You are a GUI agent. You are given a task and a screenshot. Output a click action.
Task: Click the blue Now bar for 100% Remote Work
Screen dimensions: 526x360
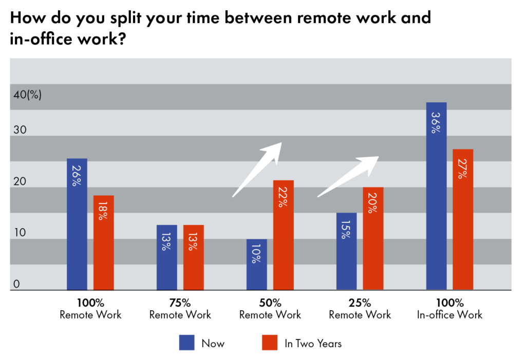pos(77,224)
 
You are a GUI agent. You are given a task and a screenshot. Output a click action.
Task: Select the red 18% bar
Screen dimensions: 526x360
pos(103,242)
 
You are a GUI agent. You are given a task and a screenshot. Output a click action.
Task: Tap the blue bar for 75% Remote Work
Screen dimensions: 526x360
pos(167,257)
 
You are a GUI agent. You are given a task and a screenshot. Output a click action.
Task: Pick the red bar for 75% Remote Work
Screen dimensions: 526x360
pos(193,257)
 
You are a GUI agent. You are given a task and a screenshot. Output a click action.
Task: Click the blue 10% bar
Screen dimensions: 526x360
pos(257,264)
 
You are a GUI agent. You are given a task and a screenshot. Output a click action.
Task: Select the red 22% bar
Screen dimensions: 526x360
pos(283,235)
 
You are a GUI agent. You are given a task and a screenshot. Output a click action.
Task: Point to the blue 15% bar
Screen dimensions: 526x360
pos(347,251)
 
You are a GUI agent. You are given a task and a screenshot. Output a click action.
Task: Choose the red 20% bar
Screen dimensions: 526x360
pos(373,239)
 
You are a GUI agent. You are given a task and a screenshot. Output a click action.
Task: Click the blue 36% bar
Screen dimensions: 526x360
pos(437,196)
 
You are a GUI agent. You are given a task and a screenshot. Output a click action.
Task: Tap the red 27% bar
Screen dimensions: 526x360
pos(463,219)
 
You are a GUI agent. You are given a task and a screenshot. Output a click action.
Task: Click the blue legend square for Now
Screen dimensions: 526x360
pos(186,343)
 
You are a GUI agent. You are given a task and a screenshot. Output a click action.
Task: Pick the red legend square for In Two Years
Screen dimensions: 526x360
pos(270,343)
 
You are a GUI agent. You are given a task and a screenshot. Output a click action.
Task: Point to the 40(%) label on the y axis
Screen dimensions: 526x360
pos(28,94)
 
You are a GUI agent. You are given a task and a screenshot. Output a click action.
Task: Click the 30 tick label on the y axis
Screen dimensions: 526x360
pos(20,130)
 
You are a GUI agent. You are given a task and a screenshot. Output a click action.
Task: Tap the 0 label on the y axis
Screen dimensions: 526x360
pos(16,284)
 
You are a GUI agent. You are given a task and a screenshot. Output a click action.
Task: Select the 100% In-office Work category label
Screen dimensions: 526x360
pos(449,309)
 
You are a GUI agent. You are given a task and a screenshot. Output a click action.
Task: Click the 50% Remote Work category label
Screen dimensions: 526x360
pos(270,309)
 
